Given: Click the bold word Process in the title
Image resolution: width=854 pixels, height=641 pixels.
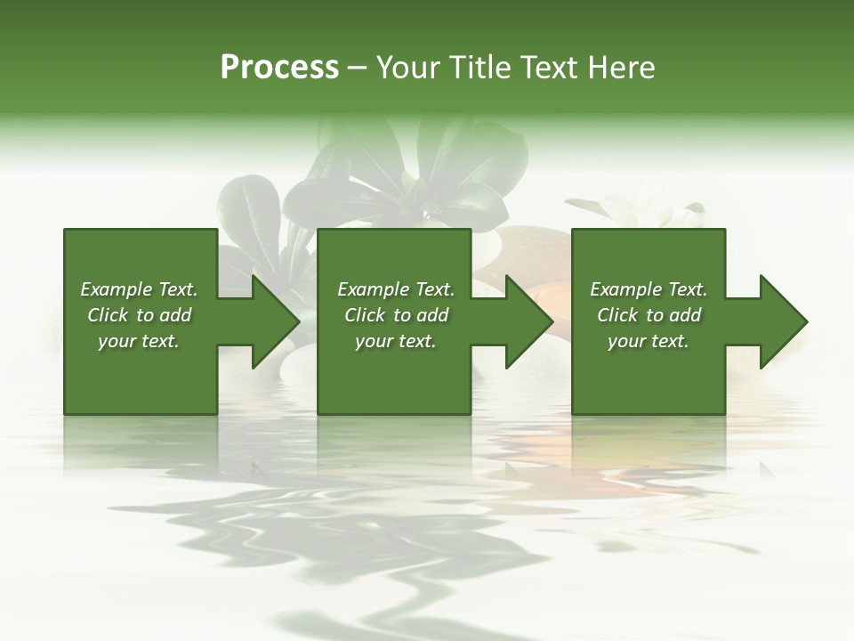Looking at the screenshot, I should (x=279, y=68).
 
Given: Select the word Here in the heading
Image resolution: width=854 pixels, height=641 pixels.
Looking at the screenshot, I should (x=621, y=68).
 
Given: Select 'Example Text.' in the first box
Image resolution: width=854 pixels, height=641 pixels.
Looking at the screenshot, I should (x=139, y=289).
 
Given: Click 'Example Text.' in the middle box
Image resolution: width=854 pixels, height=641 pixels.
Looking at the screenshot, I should (x=395, y=289).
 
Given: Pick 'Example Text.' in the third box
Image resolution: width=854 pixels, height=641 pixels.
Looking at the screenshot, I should (x=649, y=289).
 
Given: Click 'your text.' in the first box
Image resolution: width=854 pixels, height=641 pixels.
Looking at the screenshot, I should (x=139, y=341).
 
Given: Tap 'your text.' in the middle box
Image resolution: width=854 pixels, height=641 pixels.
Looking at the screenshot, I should (x=395, y=341).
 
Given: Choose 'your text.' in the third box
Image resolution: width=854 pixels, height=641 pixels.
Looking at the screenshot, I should (x=649, y=341).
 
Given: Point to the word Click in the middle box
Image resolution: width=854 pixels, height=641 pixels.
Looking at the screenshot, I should (x=365, y=315).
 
